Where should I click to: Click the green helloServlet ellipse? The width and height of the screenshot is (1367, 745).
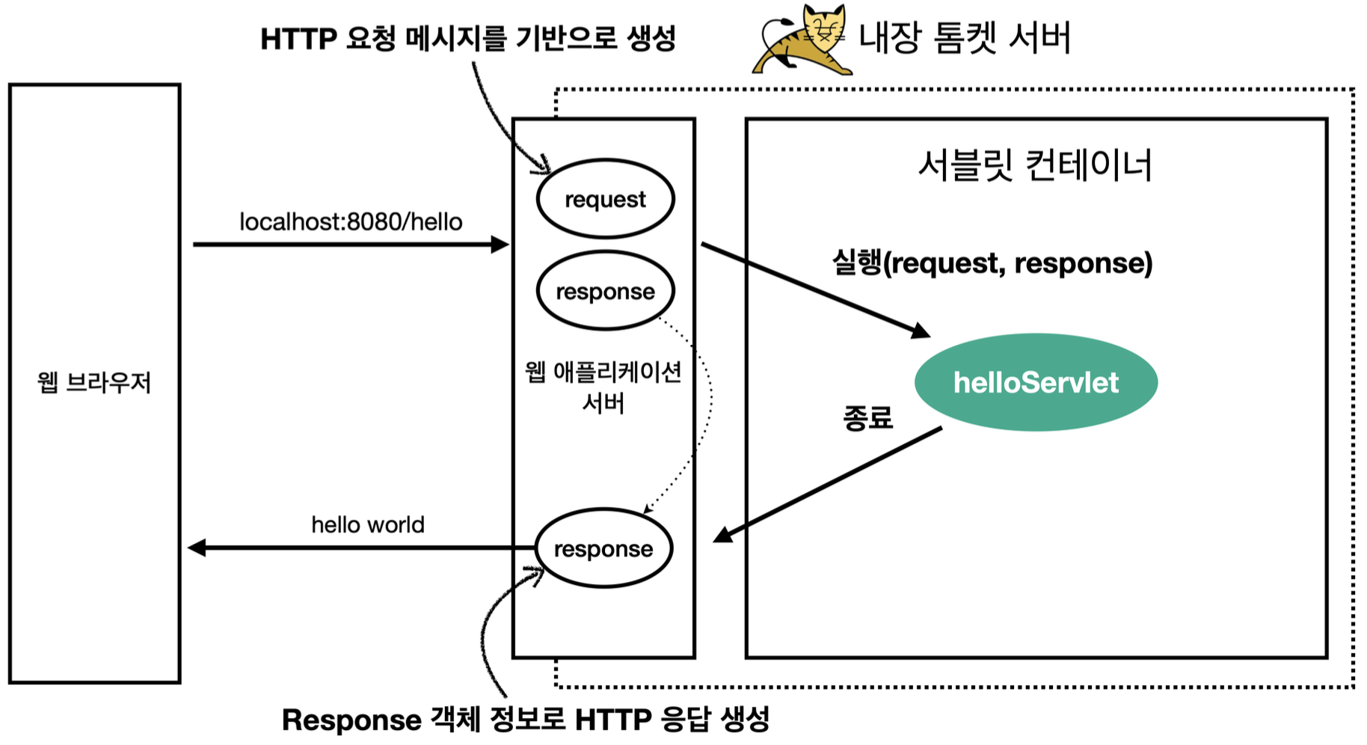point(1036,382)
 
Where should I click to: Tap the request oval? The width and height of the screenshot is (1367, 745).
point(605,199)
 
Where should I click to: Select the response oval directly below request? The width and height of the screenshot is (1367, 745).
point(605,291)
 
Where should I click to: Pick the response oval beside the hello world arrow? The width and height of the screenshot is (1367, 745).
point(603,548)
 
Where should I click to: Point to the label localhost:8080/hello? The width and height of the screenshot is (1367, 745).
point(351,222)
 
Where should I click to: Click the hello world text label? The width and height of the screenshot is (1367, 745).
point(368,524)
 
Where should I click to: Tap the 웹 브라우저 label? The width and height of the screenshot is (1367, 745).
point(94,382)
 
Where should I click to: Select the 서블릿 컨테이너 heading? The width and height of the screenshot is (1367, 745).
point(1035,165)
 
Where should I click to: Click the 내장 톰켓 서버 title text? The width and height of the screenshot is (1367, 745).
point(965,37)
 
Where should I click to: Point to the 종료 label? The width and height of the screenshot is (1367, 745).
point(867,417)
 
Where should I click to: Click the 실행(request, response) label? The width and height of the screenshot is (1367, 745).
point(992,263)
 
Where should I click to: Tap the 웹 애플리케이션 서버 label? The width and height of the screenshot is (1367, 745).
point(603,387)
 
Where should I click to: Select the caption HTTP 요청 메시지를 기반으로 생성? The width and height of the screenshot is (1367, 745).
point(468,39)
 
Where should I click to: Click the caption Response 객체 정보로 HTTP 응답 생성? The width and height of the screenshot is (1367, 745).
point(525,720)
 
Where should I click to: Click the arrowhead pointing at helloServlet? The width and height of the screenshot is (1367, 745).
point(921,330)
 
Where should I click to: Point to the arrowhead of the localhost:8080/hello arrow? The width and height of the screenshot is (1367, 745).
point(500,244)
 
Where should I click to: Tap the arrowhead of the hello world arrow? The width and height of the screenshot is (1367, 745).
point(197,548)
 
